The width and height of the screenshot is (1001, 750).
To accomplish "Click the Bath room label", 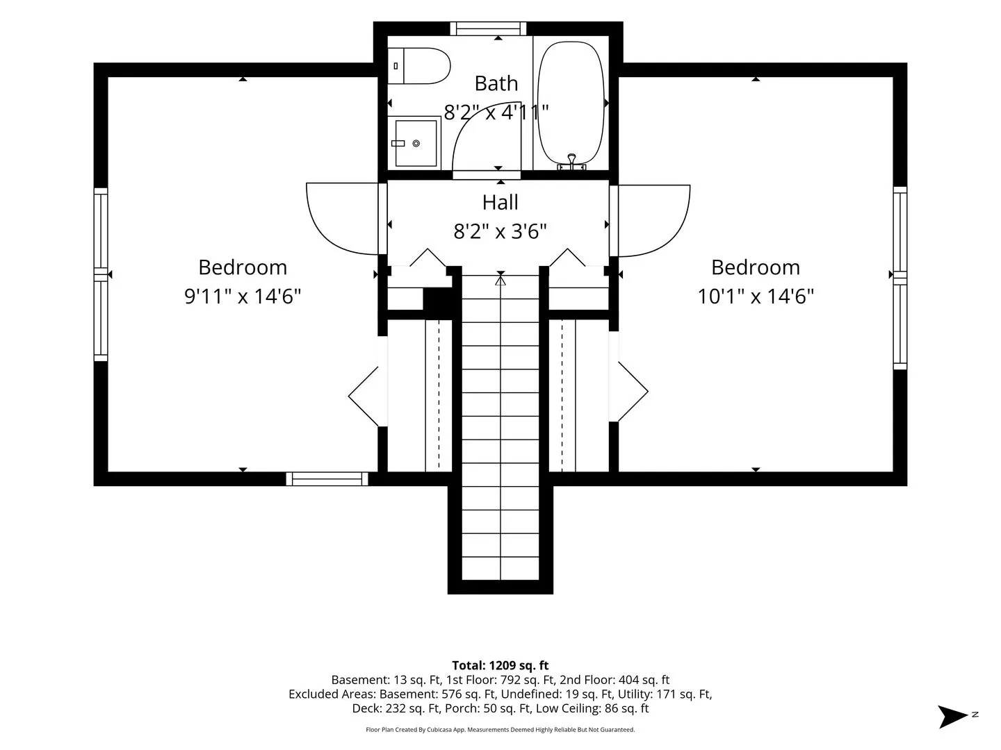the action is pyautogui.click(x=496, y=83).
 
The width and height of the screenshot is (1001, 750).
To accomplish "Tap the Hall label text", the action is pyautogui.click(x=500, y=203).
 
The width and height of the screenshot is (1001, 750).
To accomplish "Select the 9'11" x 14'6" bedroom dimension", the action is pyautogui.click(x=243, y=297).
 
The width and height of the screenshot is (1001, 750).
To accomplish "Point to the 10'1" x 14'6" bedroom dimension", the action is pyautogui.click(x=756, y=297).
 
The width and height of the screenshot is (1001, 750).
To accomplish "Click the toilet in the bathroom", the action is pyautogui.click(x=418, y=66).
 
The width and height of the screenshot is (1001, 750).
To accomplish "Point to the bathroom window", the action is pyautogui.click(x=488, y=28).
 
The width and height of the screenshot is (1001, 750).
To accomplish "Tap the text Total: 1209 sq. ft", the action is pyautogui.click(x=500, y=665).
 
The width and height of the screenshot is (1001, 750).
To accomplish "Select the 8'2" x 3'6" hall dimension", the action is pyautogui.click(x=500, y=231).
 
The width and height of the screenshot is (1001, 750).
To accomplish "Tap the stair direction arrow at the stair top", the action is pyautogui.click(x=500, y=281).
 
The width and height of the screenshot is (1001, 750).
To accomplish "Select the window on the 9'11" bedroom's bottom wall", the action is pyautogui.click(x=327, y=478).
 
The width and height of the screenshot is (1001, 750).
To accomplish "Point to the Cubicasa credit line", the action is pyautogui.click(x=500, y=730).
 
